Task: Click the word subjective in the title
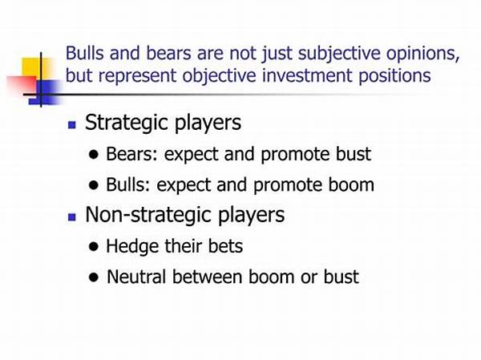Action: [x=339, y=54]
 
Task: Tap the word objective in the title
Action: [x=219, y=76]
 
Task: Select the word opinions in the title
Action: [x=422, y=54]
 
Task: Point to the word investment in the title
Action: [x=307, y=75]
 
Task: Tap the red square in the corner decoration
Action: [x=22, y=85]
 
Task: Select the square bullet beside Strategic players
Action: [x=72, y=124]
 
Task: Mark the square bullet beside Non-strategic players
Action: [x=72, y=217]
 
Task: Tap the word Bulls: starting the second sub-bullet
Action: [x=128, y=184]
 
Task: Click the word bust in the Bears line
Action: [x=354, y=154]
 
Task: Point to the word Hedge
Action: [x=132, y=247]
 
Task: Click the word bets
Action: [x=225, y=246]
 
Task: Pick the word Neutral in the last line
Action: [x=136, y=277]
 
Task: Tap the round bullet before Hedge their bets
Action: [x=94, y=247]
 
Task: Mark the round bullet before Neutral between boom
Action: [x=94, y=277]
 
